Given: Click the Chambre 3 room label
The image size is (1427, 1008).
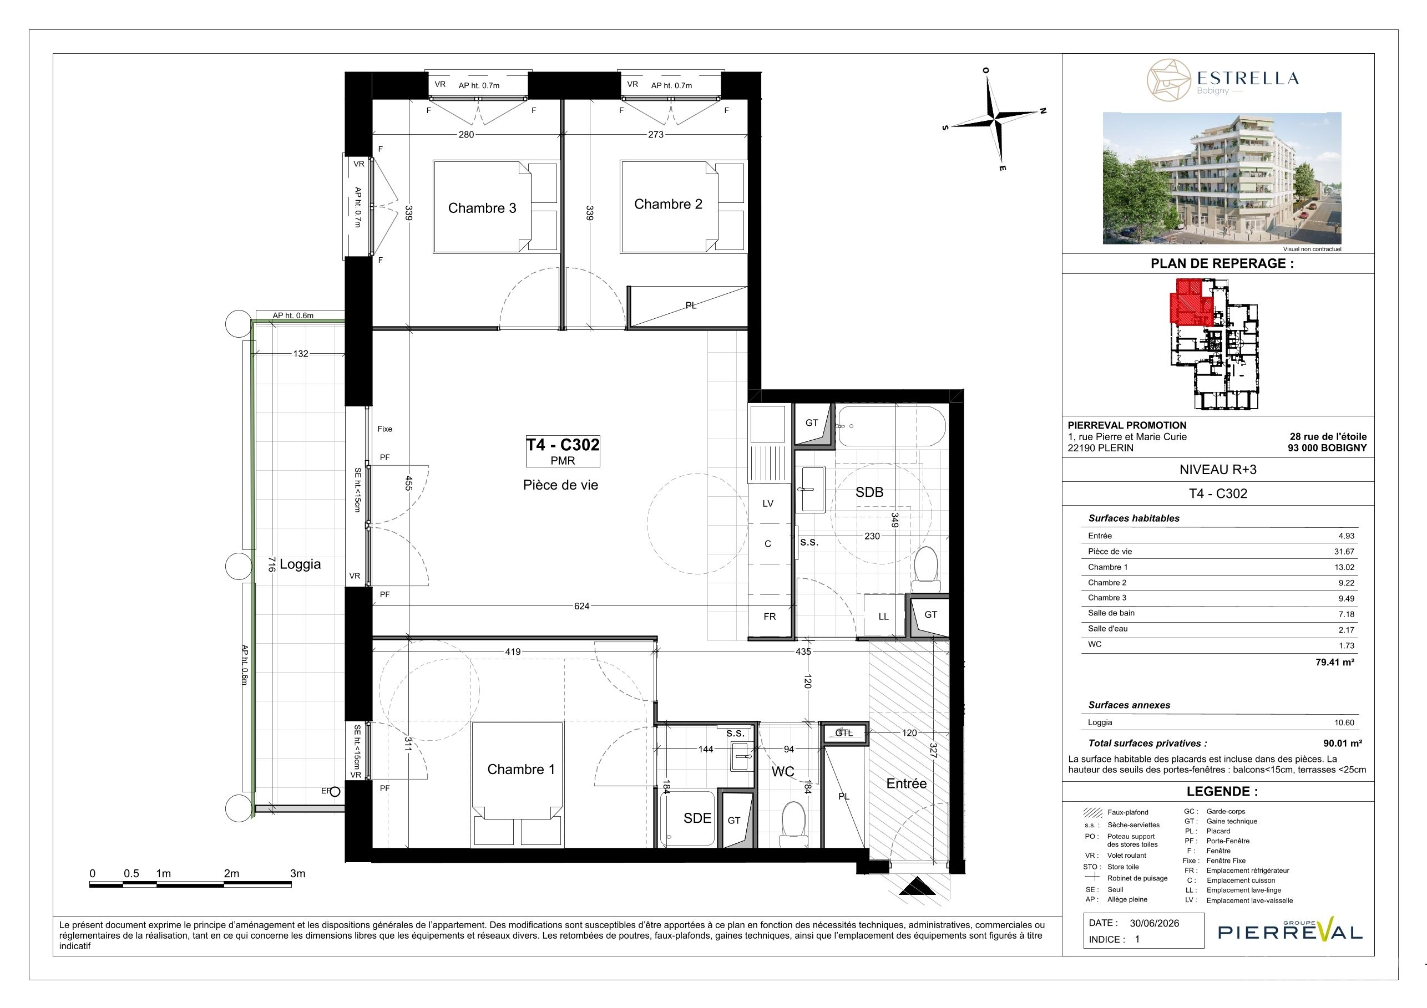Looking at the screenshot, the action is pos(482,208).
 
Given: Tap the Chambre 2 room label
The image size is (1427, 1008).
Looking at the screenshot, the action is pos(668,205).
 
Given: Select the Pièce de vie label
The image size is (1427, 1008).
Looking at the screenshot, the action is pos(560,485).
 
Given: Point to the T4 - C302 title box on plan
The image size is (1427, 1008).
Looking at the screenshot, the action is pos(563,451).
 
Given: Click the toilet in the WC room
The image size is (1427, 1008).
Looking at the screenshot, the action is pos(792,823).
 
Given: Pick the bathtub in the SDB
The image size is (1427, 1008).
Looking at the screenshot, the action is pos(891,426).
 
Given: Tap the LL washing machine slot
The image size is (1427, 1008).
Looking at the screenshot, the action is pos(883,615).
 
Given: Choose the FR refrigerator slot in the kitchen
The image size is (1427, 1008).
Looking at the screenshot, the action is pos(770,617).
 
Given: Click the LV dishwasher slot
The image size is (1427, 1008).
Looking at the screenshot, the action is pos(768,503).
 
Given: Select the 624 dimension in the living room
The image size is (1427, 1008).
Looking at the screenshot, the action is pos(582,606).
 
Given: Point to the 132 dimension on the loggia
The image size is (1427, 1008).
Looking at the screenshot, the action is pos(301,354).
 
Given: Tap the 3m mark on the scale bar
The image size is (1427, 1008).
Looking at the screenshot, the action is pos(298,873).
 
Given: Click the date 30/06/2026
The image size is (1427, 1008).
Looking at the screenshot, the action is pos(1154,923).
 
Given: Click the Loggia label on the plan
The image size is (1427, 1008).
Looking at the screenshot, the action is pos(300,564).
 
